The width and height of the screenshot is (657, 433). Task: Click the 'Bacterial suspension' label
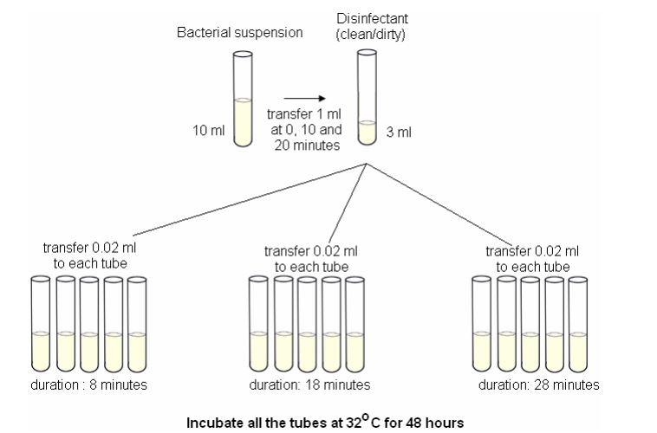[x=240, y=33]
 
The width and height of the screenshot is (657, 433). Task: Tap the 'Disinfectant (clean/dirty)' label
[x=372, y=26]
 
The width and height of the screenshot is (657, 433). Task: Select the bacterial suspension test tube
[x=243, y=99]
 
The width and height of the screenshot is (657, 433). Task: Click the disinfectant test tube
[x=367, y=97]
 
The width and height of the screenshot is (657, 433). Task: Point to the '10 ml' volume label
[x=209, y=130]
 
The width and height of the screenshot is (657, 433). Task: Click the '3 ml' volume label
[x=399, y=132]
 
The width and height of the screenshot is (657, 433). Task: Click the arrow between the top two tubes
[x=304, y=99]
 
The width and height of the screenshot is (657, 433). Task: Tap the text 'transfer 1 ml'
[x=303, y=114]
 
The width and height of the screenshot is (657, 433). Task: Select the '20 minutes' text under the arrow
[x=307, y=145]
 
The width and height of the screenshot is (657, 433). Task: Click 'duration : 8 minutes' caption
[x=88, y=385]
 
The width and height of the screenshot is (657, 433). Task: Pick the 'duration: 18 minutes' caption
[x=309, y=385]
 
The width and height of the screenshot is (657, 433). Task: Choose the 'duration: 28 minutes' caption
[x=539, y=385]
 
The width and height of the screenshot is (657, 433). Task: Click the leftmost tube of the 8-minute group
[x=41, y=324]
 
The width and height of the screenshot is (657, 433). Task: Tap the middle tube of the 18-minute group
[x=307, y=324]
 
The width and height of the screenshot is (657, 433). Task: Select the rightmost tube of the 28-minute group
[x=578, y=324]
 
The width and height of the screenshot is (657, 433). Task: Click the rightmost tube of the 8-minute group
[x=137, y=325]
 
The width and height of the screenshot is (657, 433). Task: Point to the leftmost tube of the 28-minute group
[x=482, y=324]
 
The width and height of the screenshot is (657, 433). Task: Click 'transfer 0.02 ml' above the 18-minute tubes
[x=311, y=251]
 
